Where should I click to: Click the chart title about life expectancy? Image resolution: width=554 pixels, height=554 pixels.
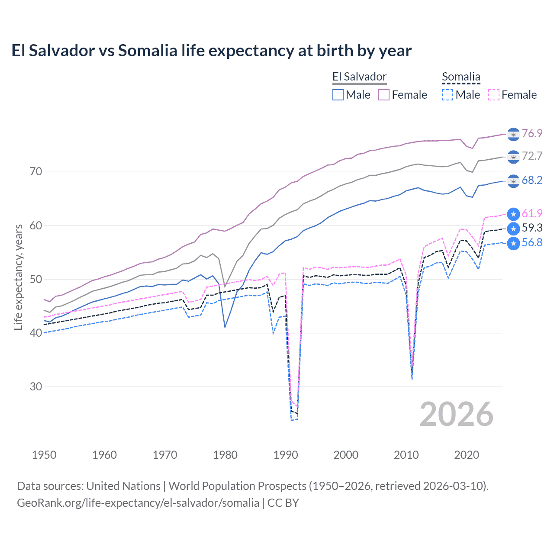click(x=211, y=51)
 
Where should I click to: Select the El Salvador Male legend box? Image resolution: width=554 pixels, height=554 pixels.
click(x=338, y=95)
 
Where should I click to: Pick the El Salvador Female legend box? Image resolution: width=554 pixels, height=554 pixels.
click(x=384, y=95)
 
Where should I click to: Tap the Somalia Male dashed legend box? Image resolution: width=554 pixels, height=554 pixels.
click(x=448, y=95)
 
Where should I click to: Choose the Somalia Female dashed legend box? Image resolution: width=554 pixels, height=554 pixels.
click(x=493, y=95)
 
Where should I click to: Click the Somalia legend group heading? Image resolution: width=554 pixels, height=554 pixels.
click(x=461, y=77)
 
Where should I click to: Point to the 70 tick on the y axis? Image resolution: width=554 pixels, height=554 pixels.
click(x=36, y=172)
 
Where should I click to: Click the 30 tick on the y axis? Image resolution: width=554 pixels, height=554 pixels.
click(x=36, y=387)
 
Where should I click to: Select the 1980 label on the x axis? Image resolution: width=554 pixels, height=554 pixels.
click(x=225, y=455)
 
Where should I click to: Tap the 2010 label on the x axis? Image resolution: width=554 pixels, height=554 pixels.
click(x=406, y=455)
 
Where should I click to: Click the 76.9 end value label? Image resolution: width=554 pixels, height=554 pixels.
click(x=532, y=133)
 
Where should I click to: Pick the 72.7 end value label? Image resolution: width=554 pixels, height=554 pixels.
click(x=532, y=156)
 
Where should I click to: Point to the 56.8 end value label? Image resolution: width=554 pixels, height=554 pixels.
click(x=532, y=242)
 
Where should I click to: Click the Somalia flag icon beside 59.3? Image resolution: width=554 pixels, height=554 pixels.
click(x=513, y=228)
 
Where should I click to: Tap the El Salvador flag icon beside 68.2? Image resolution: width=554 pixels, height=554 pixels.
click(x=513, y=180)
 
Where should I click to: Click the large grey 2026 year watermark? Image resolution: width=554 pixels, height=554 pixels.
click(x=456, y=414)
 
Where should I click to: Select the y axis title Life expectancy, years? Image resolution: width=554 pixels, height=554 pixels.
click(x=18, y=277)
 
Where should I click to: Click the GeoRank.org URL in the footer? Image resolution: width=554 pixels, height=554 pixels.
click(x=138, y=503)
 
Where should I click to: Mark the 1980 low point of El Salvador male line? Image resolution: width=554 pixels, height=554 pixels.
click(x=225, y=327)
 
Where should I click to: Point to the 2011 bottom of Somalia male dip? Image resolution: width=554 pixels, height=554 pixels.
click(x=412, y=379)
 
